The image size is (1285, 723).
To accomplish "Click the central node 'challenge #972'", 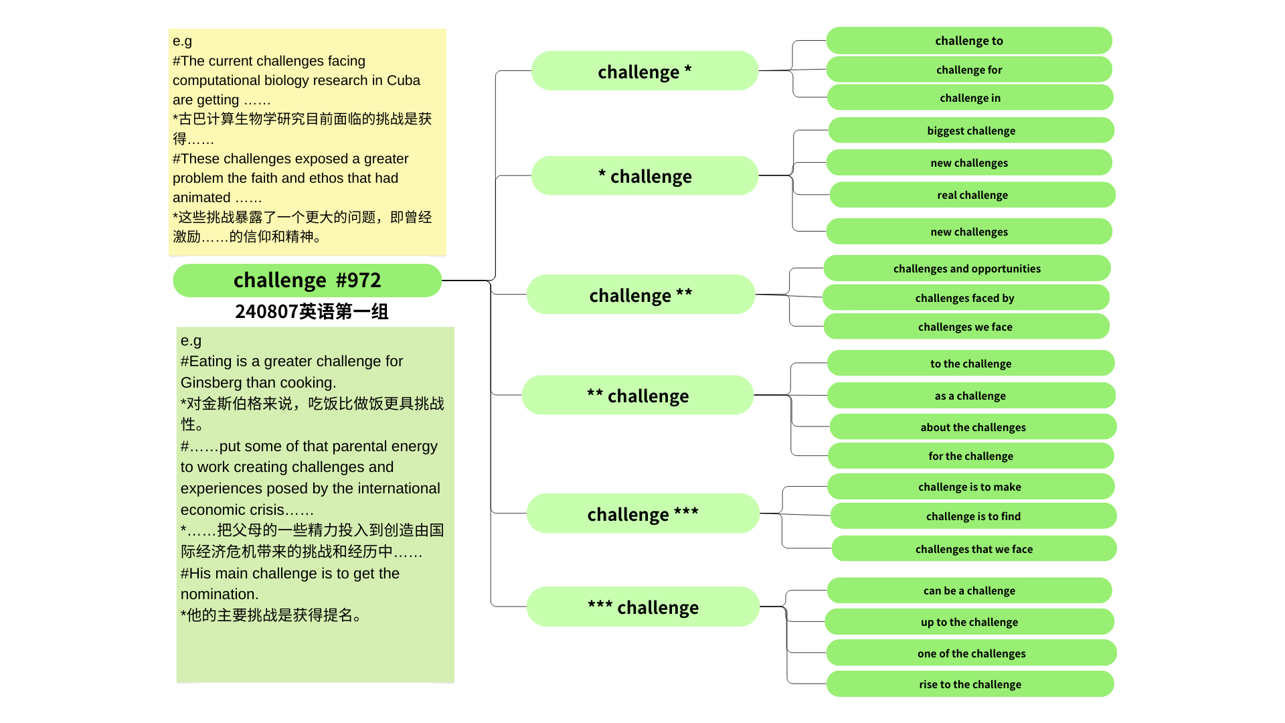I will click(307, 280).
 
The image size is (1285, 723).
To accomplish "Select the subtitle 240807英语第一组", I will click(311, 311).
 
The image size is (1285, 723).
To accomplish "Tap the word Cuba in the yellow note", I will click(404, 80).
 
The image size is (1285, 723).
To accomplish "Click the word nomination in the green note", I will click(219, 594).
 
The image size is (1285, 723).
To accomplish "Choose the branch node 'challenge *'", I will click(644, 71).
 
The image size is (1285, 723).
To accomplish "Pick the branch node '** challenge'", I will click(637, 396).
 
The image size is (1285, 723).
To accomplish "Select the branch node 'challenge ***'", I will click(642, 513).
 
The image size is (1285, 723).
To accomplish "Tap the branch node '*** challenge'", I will click(642, 607).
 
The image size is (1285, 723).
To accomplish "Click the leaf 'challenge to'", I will click(968, 41).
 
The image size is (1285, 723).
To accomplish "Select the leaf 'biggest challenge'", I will click(970, 131).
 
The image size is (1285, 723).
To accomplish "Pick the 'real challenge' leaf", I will click(972, 195).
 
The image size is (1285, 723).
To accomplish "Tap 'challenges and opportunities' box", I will click(966, 268).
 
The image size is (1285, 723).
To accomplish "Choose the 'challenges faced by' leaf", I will click(964, 298).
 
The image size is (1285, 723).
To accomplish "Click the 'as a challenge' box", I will click(970, 396).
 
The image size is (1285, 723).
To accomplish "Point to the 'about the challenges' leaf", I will click(972, 427).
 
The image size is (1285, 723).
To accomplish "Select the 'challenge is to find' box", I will click(973, 516).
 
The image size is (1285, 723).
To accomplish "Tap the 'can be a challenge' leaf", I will click(968, 590).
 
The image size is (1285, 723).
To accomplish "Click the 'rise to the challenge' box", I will click(970, 684).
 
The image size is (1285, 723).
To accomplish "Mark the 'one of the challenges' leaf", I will click(971, 653).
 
